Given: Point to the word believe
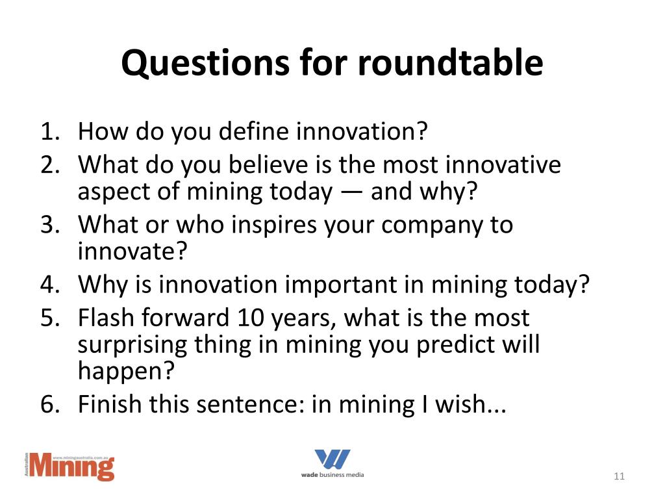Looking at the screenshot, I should click(249, 165).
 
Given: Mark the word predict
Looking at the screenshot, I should click(455, 344).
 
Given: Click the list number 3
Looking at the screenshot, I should click(50, 225).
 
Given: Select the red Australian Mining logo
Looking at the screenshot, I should click(69, 467).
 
